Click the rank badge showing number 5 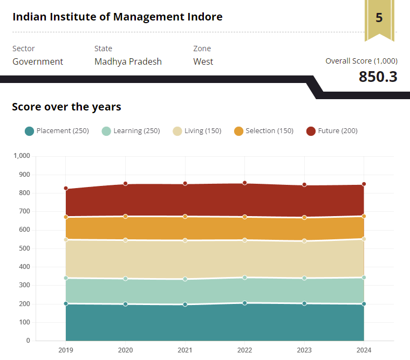(379, 18)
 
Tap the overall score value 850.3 (378, 77)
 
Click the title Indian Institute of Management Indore (117, 17)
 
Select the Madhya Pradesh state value (128, 61)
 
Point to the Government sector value (38, 61)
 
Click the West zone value (203, 61)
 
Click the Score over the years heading (66, 107)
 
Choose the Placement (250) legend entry (57, 131)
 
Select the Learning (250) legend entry (131, 131)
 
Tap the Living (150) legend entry (197, 131)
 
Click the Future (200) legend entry (332, 131)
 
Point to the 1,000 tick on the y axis (22, 156)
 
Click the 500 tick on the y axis (24, 248)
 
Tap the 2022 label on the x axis (244, 349)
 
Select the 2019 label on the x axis (66, 349)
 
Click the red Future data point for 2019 (66, 189)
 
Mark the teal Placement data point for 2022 (244, 303)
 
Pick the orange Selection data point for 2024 (364, 216)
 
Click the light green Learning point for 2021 (185, 279)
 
